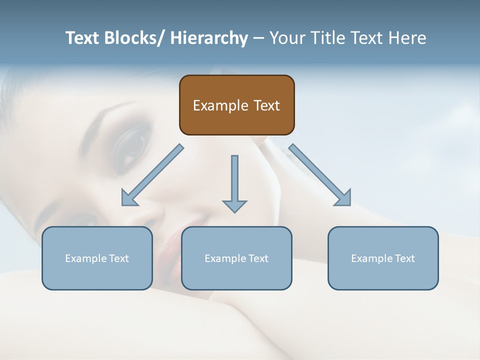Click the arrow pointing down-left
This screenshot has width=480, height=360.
click(x=151, y=175)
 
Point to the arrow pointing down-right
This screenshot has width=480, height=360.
click(x=320, y=175)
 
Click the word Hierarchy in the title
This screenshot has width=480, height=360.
click(x=209, y=38)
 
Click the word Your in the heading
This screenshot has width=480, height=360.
click(x=287, y=38)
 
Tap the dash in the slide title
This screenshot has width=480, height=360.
click(x=258, y=38)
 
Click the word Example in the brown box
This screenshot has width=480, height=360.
click(x=220, y=105)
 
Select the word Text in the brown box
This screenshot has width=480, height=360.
click(x=266, y=105)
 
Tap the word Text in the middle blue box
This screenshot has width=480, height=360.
click(x=257, y=258)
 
